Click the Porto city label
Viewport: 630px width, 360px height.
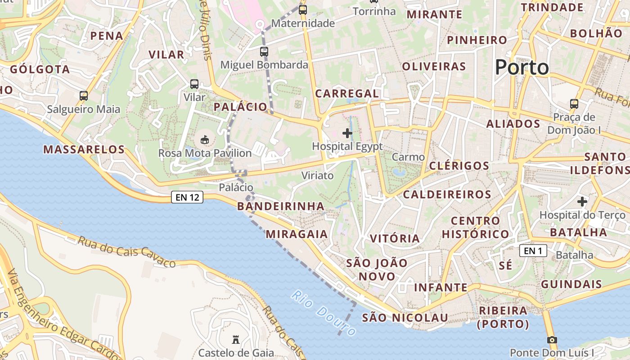point(522,67)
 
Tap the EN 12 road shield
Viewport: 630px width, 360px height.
point(187,197)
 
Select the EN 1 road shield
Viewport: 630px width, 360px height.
point(533,251)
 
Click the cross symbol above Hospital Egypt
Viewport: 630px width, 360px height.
point(347,133)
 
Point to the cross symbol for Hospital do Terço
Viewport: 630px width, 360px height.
point(582,202)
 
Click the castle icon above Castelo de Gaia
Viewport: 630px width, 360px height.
point(235,339)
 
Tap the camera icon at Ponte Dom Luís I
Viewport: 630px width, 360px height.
point(552,340)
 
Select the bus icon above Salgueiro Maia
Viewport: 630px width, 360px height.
point(84,95)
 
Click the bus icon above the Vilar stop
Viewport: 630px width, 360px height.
point(194,84)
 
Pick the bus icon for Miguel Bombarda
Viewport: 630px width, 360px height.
point(264,52)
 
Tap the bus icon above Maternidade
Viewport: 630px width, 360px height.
point(303,10)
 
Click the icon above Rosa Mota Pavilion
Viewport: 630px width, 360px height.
point(205,140)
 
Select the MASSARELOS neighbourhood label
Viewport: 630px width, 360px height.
point(84,149)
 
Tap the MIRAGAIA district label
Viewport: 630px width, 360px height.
point(297,234)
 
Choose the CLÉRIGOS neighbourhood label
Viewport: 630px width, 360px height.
point(459,166)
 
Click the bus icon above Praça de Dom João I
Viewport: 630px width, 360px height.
point(574,104)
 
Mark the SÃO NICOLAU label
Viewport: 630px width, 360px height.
point(405,318)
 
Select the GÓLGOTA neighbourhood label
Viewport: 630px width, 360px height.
point(40,69)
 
